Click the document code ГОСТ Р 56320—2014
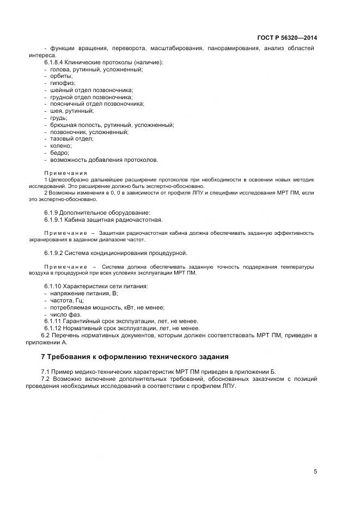tap(287, 38)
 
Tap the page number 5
tap(315, 472)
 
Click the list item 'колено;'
tap(61, 146)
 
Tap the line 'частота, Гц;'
tap(68, 300)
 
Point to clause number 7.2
tap(45, 378)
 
